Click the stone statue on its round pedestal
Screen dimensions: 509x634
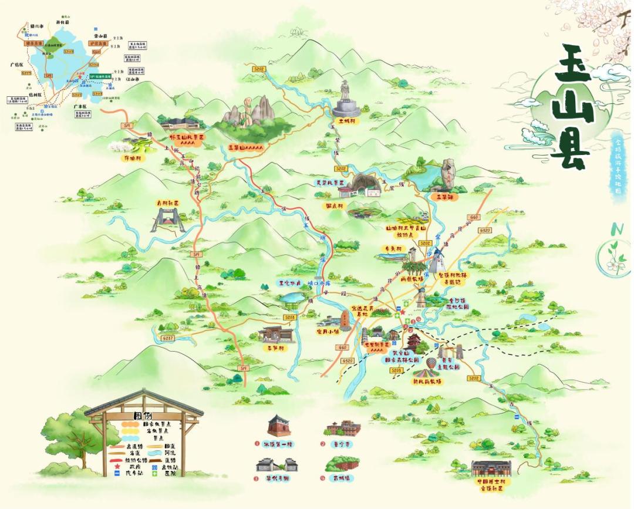(x=345, y=100)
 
